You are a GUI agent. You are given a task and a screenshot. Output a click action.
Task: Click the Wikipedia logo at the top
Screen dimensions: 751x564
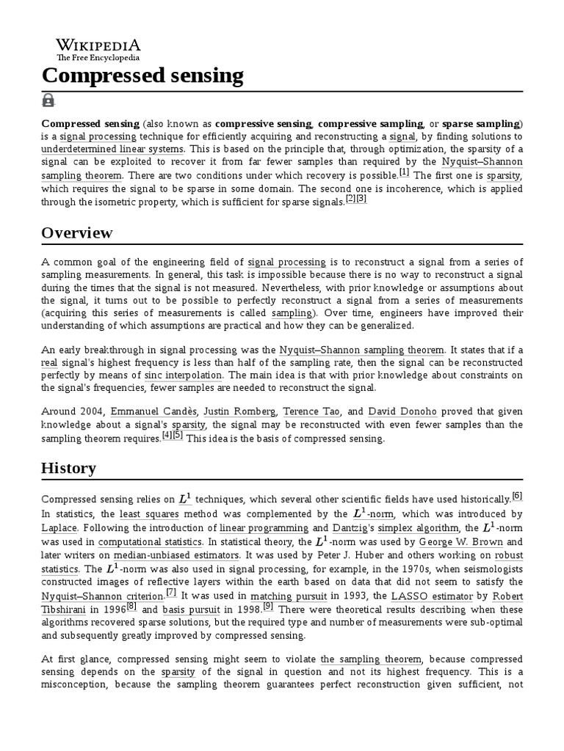pyautogui.click(x=98, y=48)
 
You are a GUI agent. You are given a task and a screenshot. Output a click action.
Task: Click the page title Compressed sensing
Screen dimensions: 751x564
pyautogui.click(x=142, y=75)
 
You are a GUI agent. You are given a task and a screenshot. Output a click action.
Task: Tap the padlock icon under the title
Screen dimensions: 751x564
pyautogui.click(x=48, y=100)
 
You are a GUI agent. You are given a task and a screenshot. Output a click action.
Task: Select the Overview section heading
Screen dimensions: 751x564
pyautogui.click(x=77, y=233)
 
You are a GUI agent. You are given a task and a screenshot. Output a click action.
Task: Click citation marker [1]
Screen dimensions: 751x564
pyautogui.click(x=404, y=172)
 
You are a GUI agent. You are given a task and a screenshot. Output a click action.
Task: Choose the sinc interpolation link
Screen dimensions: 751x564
pyautogui.click(x=184, y=375)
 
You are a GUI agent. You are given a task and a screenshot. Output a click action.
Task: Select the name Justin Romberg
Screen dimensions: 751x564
pyautogui.click(x=239, y=411)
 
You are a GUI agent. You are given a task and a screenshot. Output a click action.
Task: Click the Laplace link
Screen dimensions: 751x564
pyautogui.click(x=59, y=528)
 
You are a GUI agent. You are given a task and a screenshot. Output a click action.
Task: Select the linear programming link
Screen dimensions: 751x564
pyautogui.click(x=264, y=528)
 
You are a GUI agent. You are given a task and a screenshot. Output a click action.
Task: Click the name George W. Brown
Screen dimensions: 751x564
pyautogui.click(x=461, y=542)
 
